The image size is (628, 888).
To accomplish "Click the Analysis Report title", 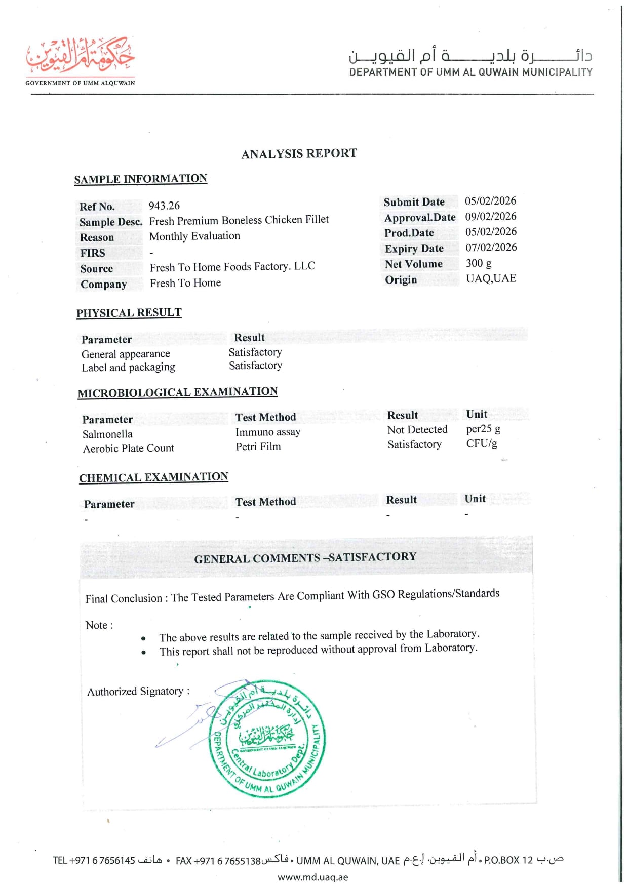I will [x=299, y=154].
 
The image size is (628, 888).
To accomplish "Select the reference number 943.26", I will [x=164, y=206].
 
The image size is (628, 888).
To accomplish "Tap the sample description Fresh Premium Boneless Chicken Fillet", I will [x=239, y=220].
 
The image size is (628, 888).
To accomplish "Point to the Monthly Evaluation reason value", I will [x=194, y=236].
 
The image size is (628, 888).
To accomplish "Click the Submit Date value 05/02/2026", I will [x=490, y=201].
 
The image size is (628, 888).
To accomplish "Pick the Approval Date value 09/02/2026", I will [x=490, y=217].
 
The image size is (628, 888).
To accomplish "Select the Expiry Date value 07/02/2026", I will [x=490, y=248].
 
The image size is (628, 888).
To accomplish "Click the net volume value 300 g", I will [x=479, y=263].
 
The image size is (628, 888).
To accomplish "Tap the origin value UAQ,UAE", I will [x=491, y=278].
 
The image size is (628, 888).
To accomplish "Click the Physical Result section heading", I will [x=129, y=313].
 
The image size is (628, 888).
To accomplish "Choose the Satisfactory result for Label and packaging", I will [x=255, y=366].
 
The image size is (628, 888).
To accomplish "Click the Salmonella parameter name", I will [x=107, y=434].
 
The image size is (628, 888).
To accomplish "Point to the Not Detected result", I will [x=417, y=430].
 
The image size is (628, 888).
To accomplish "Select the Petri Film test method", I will [x=258, y=447].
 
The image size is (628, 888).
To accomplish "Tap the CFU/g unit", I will [x=482, y=443].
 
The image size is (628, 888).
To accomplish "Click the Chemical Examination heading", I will [x=153, y=477].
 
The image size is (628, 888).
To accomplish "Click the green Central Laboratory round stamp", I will [x=267, y=739].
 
